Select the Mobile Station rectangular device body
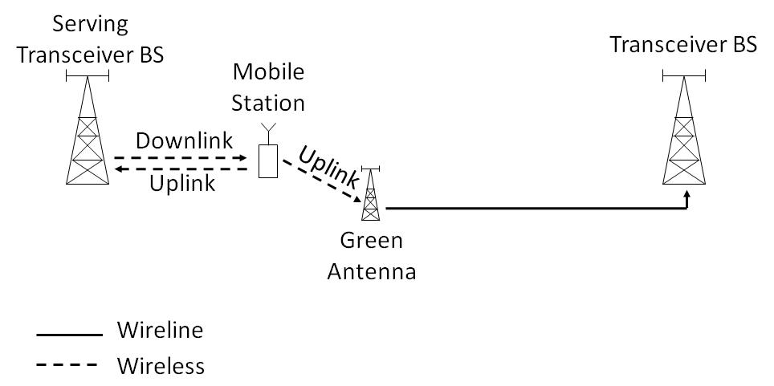(268, 161)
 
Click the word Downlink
(184, 140)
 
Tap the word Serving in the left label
(90, 23)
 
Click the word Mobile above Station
(268, 72)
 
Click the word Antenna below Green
(370, 271)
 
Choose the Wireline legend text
(159, 331)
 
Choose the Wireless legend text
(161, 366)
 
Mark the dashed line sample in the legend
(69, 367)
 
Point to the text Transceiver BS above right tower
(683, 45)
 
